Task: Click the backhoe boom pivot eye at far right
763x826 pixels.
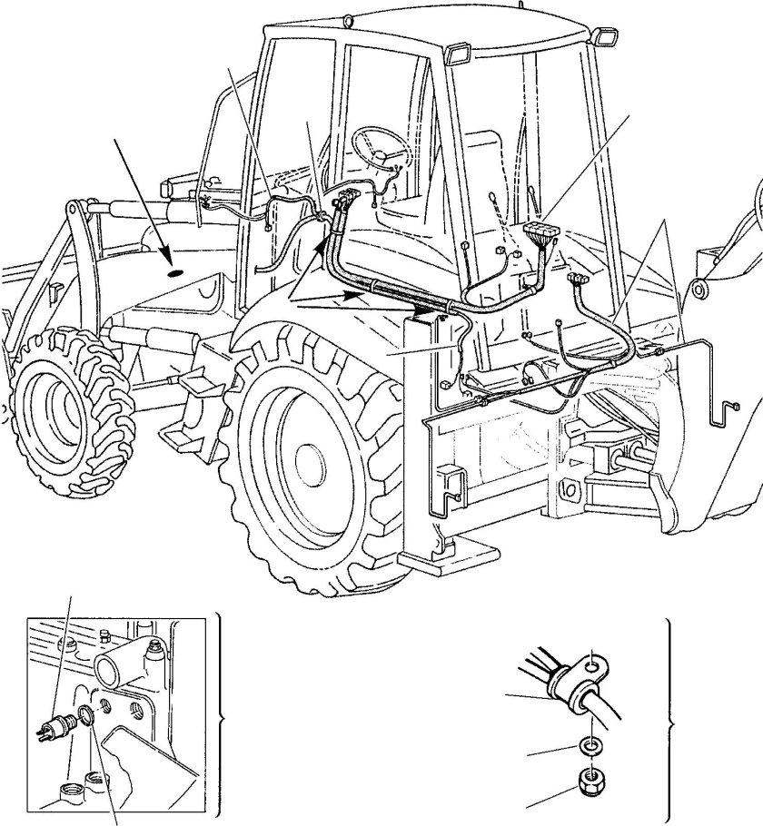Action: click(701, 290)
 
